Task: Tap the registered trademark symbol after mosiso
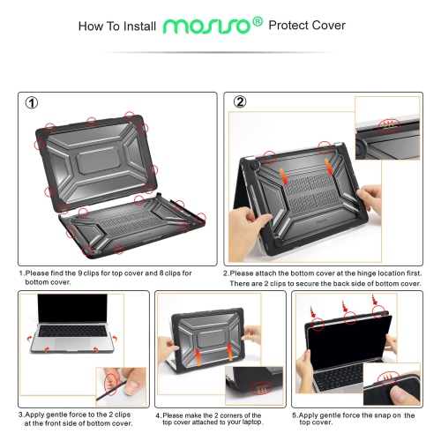click(257, 21)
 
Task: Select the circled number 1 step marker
click(32, 102)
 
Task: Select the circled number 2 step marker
click(239, 102)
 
